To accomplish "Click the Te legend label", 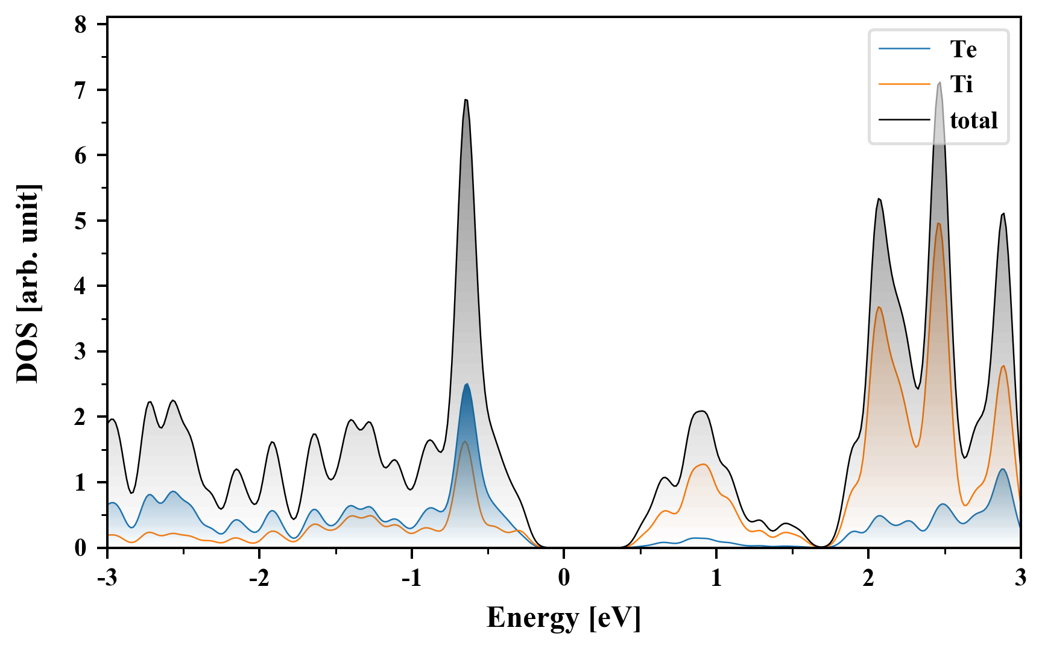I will (963, 49).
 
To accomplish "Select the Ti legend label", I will (961, 84).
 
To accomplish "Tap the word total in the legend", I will (973, 121).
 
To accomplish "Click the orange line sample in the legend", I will (904, 84).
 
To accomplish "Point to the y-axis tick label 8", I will (81, 25).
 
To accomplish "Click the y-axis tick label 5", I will (81, 221).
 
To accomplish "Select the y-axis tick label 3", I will (81, 351).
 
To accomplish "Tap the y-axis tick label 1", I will (81, 482).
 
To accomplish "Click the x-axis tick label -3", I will (107, 577).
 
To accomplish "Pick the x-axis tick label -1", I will (411, 577).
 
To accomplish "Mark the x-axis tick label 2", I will (868, 577).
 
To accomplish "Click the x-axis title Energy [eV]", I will (563, 618).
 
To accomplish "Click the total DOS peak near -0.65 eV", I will (466, 100).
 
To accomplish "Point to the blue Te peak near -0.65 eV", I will (467, 385).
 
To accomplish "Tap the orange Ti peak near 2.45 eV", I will (938, 224).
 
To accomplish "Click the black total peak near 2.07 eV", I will (879, 200).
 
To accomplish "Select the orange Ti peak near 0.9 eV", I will (703, 464).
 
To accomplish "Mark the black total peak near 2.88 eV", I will (1003, 214).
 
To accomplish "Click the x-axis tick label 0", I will (564, 577).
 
